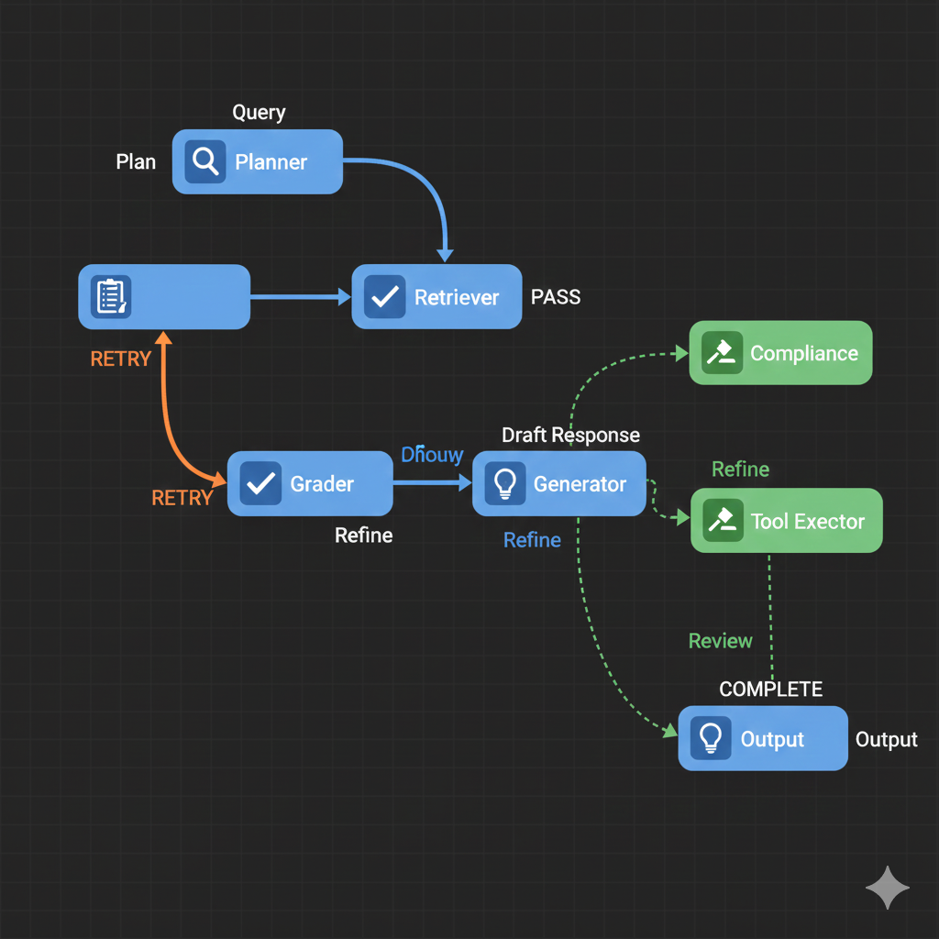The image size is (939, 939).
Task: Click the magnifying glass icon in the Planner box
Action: [205, 161]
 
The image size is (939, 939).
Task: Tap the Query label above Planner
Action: [259, 112]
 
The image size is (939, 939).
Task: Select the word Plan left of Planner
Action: [136, 161]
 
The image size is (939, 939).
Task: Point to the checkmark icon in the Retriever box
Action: [384, 297]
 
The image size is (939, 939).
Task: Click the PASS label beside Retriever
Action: [556, 297]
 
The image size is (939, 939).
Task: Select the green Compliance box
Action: [780, 353]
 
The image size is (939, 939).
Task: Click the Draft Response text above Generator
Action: [570, 435]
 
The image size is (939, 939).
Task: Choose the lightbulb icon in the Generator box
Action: [504, 483]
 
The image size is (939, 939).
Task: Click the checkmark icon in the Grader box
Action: [260, 483]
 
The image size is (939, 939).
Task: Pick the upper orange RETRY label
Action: [120, 359]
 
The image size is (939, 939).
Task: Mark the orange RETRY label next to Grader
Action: [182, 497]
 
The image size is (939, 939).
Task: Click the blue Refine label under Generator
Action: [532, 540]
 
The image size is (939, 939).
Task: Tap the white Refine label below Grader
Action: [363, 536]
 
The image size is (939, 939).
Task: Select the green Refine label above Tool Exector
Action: [740, 469]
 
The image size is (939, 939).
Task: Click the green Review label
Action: [720, 641]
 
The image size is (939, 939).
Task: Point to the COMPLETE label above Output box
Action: [770, 689]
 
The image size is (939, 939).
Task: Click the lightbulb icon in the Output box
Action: [711, 738]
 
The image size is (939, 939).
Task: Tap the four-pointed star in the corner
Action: [888, 888]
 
